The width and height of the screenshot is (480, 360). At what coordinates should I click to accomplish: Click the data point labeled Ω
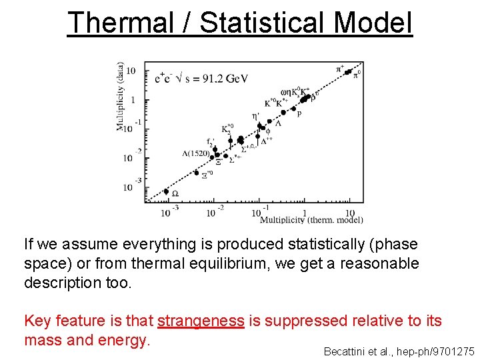(x=166, y=191)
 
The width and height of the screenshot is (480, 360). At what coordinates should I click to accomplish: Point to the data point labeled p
(x=285, y=112)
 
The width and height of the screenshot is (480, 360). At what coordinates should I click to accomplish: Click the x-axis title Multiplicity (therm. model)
(x=311, y=220)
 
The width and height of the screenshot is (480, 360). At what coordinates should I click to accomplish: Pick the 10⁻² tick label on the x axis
(x=215, y=212)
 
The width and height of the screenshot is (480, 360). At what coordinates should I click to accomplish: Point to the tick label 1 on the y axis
(x=131, y=100)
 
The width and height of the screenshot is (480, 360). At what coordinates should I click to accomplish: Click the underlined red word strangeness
(x=201, y=321)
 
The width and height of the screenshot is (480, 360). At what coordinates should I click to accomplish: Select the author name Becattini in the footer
(x=345, y=351)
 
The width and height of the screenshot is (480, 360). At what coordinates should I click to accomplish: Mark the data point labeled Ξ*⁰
(x=197, y=173)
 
